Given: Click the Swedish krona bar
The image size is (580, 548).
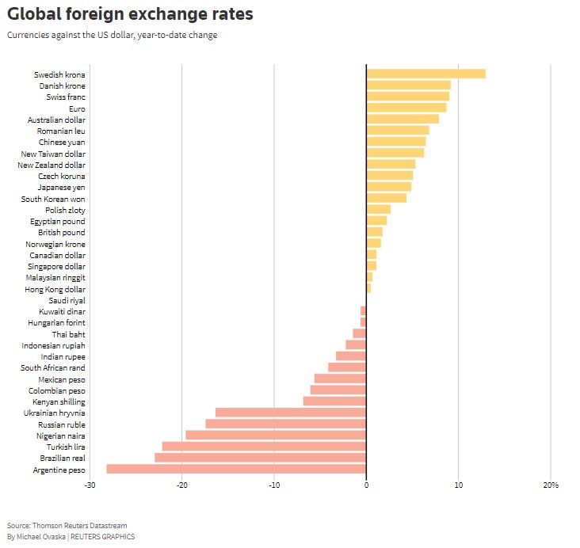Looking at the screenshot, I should coord(425,74).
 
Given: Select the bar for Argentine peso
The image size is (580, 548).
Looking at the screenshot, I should coord(236,469).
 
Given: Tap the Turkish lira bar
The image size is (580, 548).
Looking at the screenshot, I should coord(264,447).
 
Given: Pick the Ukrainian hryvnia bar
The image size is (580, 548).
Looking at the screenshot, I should coord(291,413).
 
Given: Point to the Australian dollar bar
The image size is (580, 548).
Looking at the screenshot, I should coord(403,120).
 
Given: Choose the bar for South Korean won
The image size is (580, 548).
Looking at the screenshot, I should coord(386,198).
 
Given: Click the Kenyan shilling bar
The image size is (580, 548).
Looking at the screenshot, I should coord(334,401).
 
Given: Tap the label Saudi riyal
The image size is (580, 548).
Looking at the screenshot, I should coord(67,300).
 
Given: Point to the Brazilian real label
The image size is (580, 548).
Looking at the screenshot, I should coord(63,458).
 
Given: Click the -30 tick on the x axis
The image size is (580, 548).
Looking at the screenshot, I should coord(91,485).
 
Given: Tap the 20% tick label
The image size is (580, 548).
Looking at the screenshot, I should coord(551,485).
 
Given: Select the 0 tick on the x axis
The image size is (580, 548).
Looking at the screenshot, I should coord(366,485).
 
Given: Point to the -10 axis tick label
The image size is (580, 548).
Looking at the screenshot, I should coord(273,485).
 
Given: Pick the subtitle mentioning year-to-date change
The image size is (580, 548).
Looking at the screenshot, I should coord(112,35).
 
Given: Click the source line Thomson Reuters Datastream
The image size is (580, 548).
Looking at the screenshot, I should coord(67,525).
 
